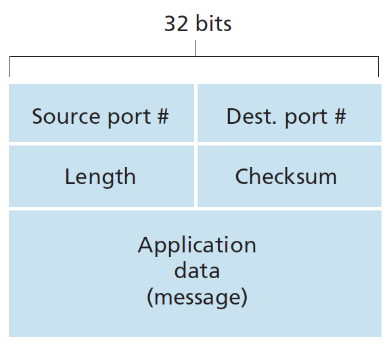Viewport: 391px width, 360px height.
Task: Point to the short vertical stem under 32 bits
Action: [195, 49]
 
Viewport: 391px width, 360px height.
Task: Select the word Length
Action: [100, 177]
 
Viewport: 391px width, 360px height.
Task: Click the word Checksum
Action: [285, 177]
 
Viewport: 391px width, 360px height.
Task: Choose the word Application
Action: [197, 245]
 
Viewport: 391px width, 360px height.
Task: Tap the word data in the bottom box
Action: [197, 271]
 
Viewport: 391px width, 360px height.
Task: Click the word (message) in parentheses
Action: [197, 296]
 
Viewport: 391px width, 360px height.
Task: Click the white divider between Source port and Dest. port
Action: [195, 114]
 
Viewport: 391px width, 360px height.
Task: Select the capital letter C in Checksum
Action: [242, 177]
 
